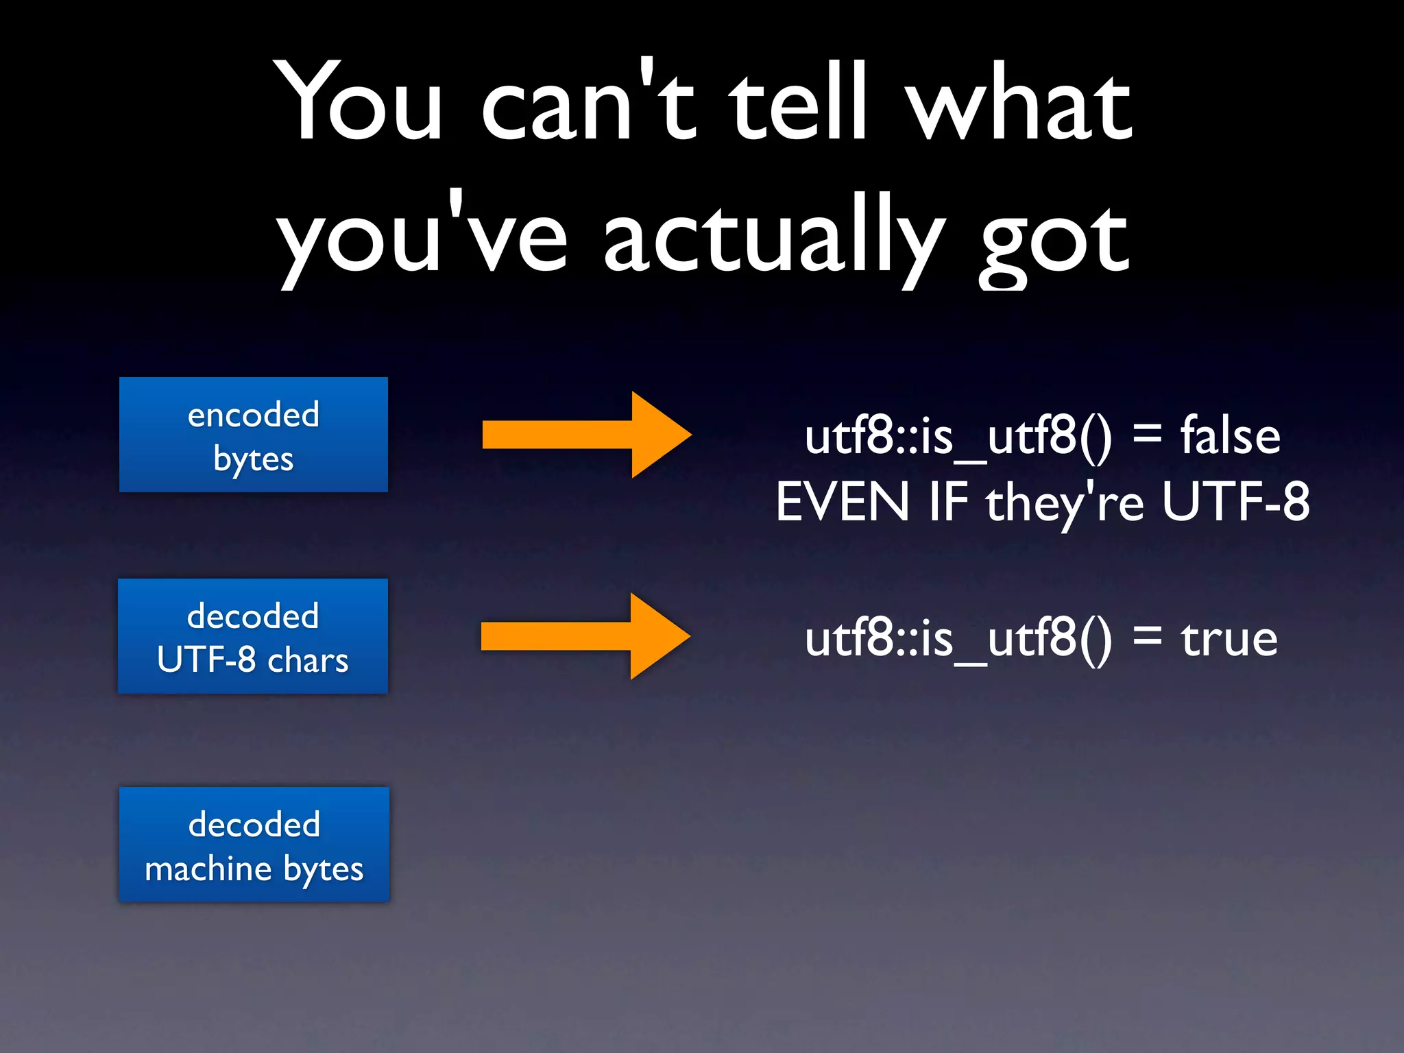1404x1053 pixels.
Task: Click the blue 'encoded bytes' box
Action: pyautogui.click(x=253, y=435)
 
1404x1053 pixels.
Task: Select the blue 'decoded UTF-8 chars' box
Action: pyautogui.click(x=253, y=636)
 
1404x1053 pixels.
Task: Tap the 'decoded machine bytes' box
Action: pyautogui.click(x=254, y=845)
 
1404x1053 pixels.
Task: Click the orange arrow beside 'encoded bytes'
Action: pyautogui.click(x=586, y=435)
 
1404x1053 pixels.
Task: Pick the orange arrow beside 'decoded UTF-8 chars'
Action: pyautogui.click(x=585, y=636)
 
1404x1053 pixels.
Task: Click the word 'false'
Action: pyautogui.click(x=1230, y=436)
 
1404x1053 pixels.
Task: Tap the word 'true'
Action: pyautogui.click(x=1228, y=639)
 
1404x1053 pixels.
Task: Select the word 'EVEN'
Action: pyautogui.click(x=842, y=502)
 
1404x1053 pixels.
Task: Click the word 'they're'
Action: pyautogui.click(x=1065, y=503)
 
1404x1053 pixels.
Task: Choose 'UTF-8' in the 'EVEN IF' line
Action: pyautogui.click(x=1235, y=502)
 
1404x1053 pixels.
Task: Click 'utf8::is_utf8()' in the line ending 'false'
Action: pyautogui.click(x=958, y=437)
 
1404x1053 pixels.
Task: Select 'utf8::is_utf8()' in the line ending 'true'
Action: pyautogui.click(x=958, y=639)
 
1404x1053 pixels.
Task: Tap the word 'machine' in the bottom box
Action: pyautogui.click(x=208, y=869)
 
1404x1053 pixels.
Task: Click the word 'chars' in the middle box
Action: pyautogui.click(x=308, y=660)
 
